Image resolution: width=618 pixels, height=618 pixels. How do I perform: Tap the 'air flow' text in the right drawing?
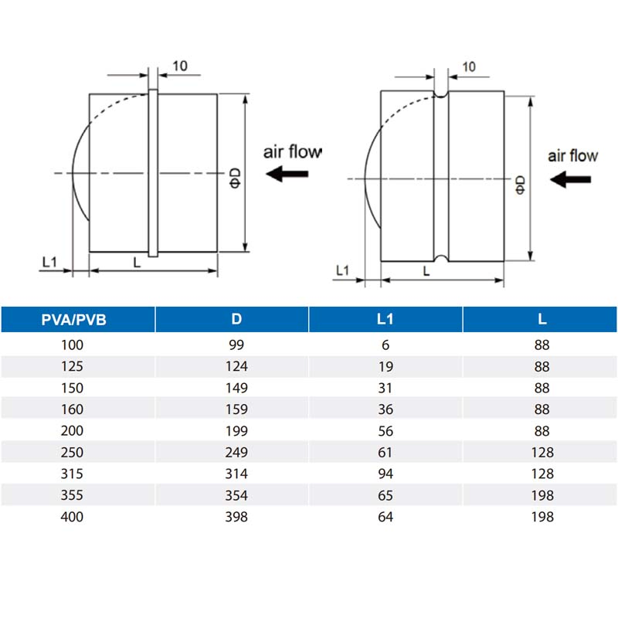pyautogui.click(x=572, y=156)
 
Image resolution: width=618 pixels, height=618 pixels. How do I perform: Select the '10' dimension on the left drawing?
pyautogui.click(x=179, y=66)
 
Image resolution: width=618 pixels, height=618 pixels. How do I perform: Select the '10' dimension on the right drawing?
pyautogui.click(x=468, y=66)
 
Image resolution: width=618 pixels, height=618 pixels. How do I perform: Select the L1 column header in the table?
pyautogui.click(x=386, y=319)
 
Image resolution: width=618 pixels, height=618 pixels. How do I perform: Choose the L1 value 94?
pyautogui.click(x=386, y=474)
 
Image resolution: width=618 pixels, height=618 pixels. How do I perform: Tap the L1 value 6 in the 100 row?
pyautogui.click(x=386, y=345)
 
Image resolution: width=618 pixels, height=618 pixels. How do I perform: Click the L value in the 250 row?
pyautogui.click(x=542, y=452)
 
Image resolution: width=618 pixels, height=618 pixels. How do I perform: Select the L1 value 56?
pyautogui.click(x=386, y=431)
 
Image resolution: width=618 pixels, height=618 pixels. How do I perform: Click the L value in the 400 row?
pyautogui.click(x=542, y=516)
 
